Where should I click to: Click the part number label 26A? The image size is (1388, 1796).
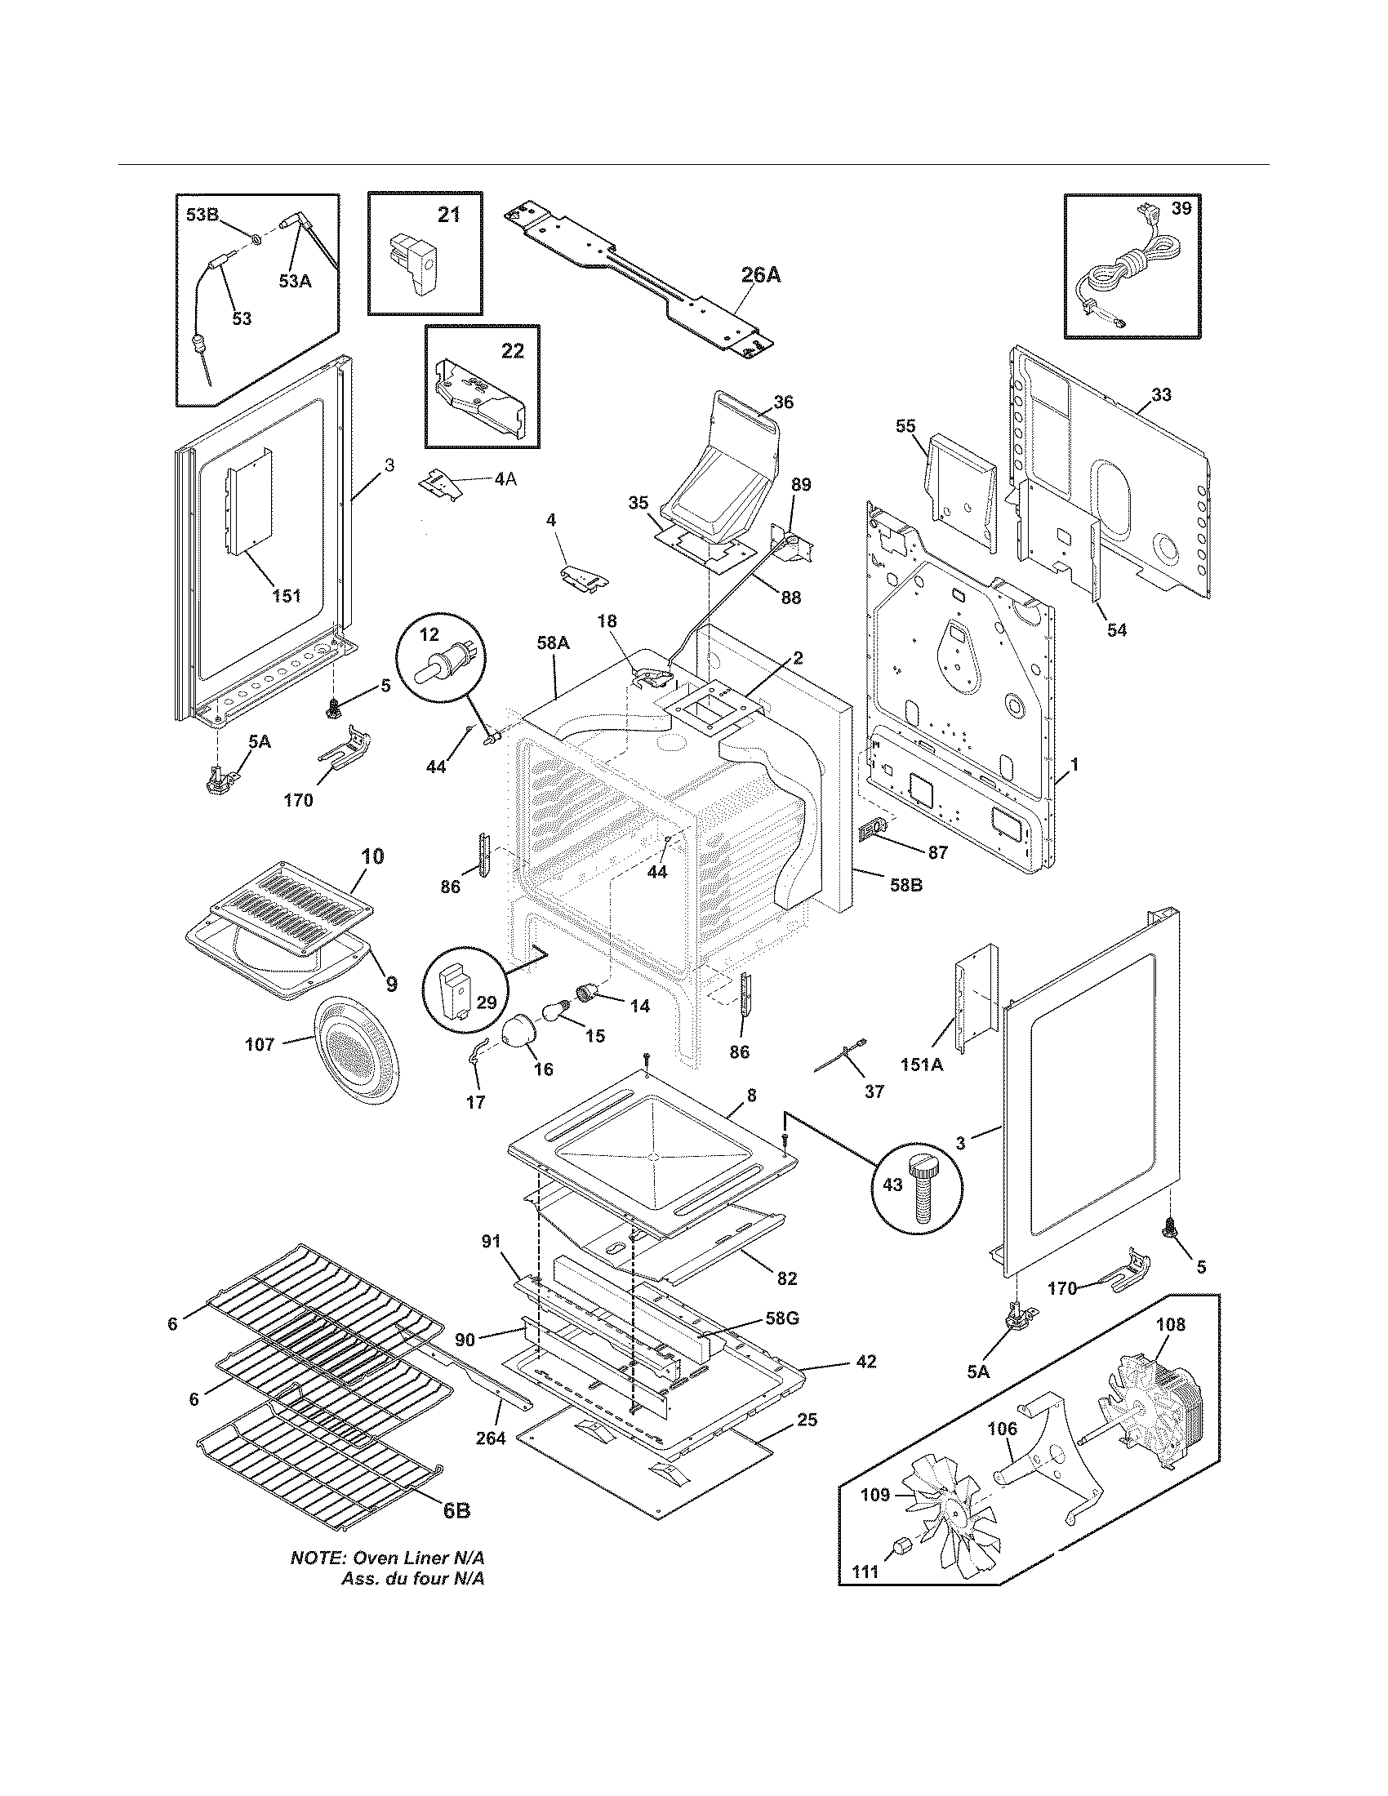tap(760, 275)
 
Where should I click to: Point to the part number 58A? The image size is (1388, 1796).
tap(553, 643)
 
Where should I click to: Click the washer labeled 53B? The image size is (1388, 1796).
tap(256, 239)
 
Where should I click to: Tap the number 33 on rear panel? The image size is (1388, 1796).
tap(1160, 395)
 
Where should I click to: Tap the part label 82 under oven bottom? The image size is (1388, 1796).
tap(787, 1278)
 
